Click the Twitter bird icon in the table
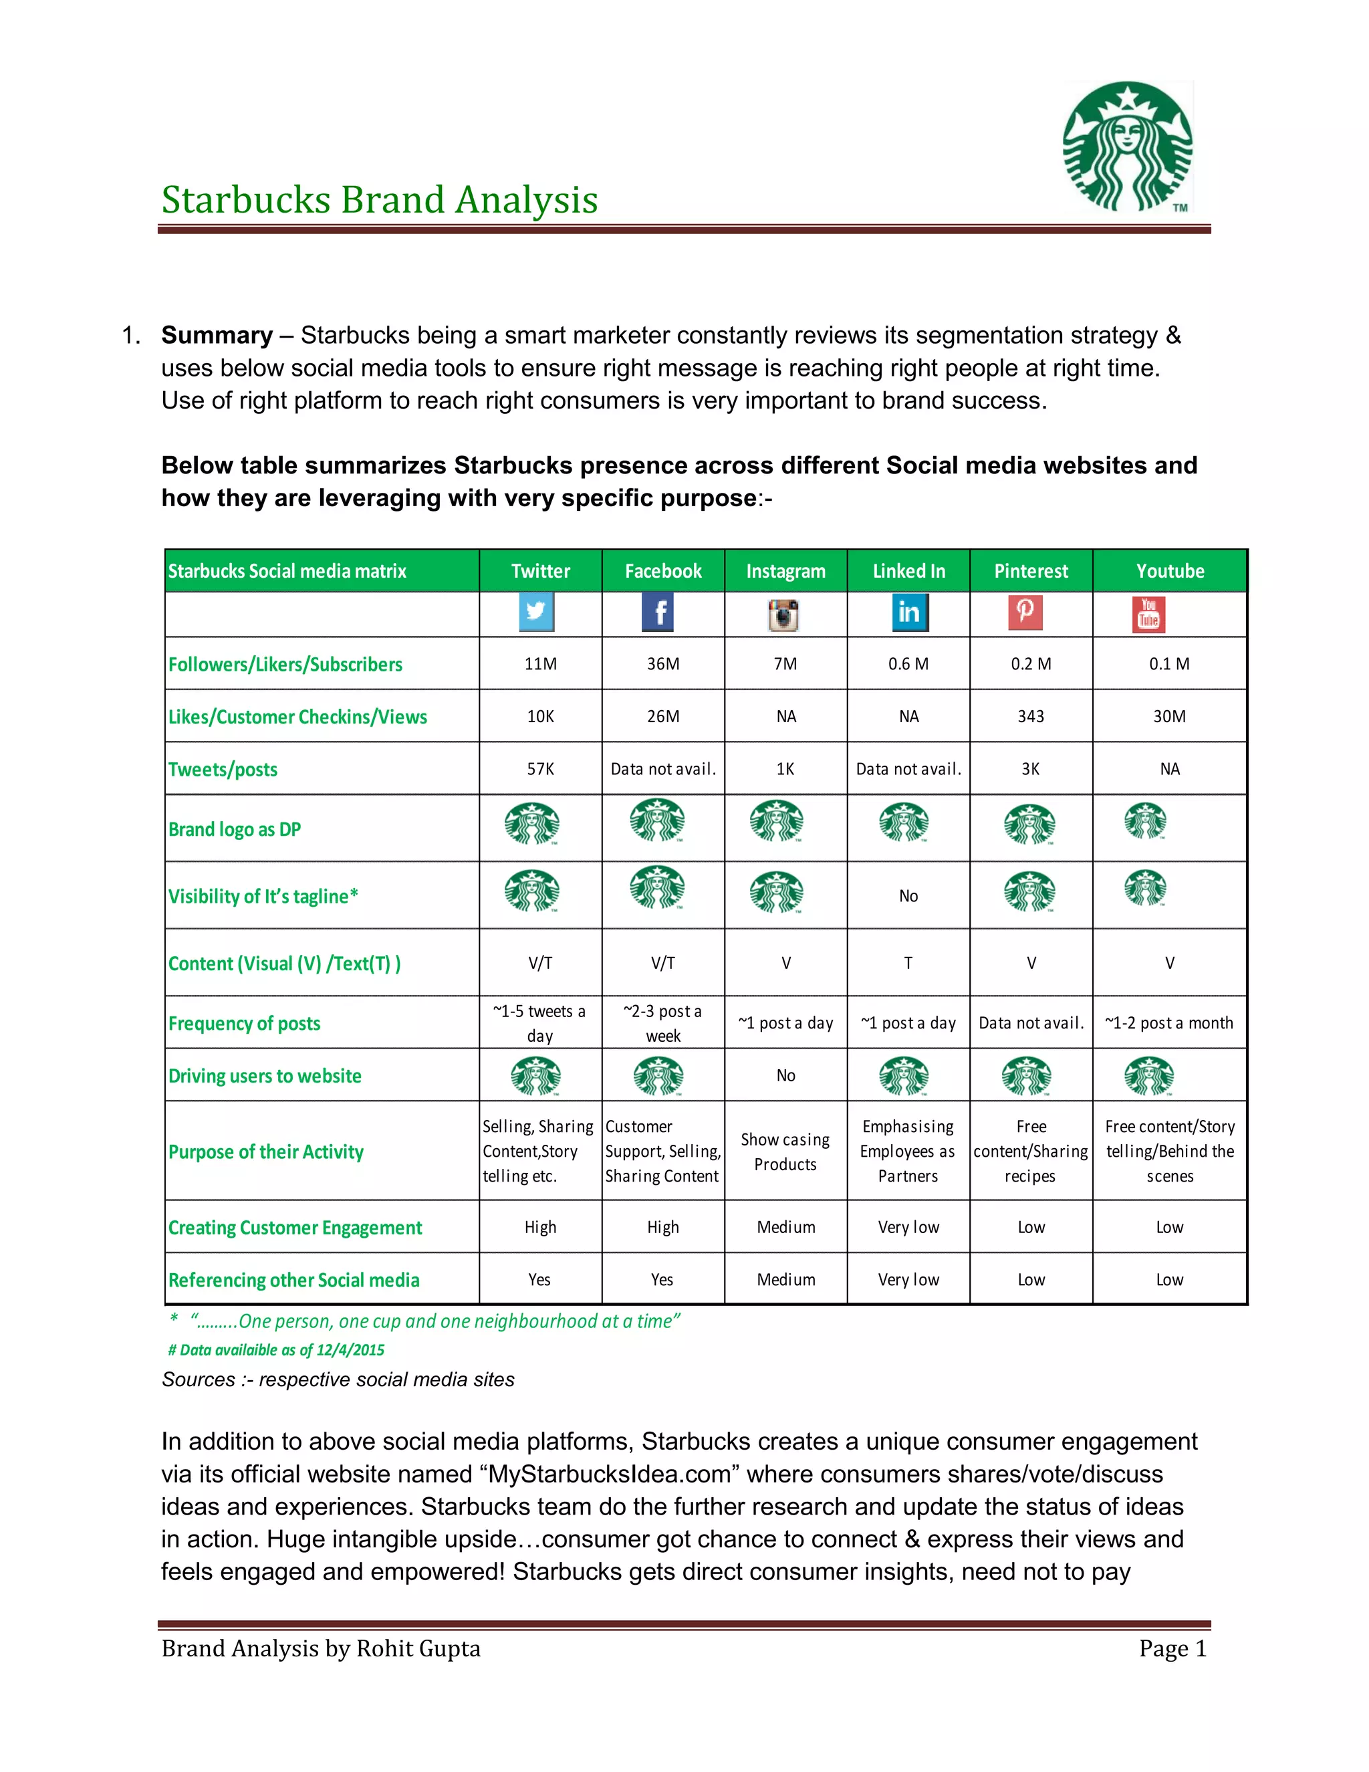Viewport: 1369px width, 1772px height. [x=536, y=612]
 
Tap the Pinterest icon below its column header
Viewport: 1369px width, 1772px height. [x=1025, y=612]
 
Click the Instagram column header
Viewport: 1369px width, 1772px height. [x=785, y=571]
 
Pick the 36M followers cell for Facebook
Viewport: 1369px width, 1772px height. [x=662, y=664]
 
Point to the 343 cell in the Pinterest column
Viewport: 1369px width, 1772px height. [x=1031, y=716]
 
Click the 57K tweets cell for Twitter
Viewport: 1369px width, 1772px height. [x=540, y=769]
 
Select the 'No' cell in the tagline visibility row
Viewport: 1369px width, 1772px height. [x=908, y=896]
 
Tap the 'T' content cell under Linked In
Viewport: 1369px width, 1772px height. [x=908, y=963]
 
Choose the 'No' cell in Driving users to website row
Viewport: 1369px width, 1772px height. [x=785, y=1075]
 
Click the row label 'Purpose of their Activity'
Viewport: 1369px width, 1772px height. [x=266, y=1152]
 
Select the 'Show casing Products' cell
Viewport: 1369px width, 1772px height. [x=785, y=1152]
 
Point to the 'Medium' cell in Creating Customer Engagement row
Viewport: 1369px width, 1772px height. [x=785, y=1228]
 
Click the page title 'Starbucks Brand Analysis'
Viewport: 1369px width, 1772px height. [x=380, y=201]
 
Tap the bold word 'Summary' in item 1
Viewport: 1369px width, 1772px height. [x=217, y=335]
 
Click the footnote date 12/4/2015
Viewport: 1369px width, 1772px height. [x=350, y=1350]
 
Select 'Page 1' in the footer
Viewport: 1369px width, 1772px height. [x=1172, y=1649]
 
